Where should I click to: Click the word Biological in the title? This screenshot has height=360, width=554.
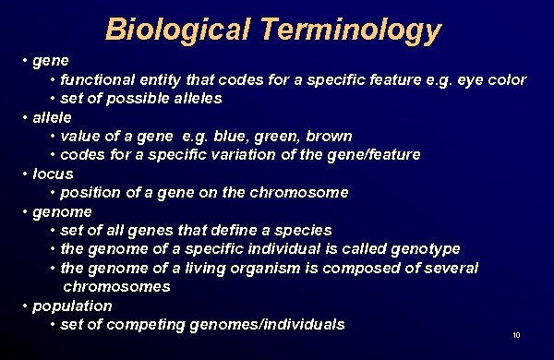click(x=175, y=30)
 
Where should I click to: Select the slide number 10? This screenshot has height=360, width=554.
click(x=516, y=334)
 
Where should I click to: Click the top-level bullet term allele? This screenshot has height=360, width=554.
click(x=53, y=117)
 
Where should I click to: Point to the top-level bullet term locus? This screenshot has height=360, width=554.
click(x=53, y=174)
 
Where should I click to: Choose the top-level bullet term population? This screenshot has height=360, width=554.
click(x=72, y=306)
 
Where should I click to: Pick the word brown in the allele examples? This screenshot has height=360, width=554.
click(x=329, y=136)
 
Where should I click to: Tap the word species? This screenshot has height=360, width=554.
click(x=304, y=230)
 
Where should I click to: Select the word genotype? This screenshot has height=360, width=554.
click(x=424, y=248)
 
